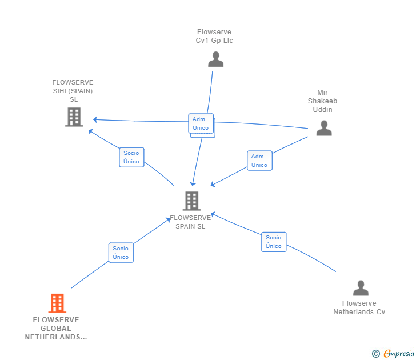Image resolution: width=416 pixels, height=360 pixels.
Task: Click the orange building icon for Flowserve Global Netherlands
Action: coord(57,303)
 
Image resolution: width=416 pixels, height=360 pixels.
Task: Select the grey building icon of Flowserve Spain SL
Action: coord(191,201)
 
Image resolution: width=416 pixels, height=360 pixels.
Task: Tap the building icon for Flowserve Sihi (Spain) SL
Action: coord(74,117)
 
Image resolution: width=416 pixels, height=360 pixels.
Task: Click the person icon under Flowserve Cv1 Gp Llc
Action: coord(215,59)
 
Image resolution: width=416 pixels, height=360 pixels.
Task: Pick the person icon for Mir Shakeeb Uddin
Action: coord(324,128)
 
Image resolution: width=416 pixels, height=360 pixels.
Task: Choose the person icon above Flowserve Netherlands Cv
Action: coord(361,287)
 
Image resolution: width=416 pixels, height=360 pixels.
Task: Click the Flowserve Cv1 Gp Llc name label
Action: coord(214,37)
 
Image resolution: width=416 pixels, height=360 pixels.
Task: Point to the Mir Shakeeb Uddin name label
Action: coord(323,101)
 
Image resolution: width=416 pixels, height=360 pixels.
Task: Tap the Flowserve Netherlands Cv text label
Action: coord(359,307)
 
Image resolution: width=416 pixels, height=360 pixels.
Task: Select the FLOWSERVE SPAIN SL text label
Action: coord(190,222)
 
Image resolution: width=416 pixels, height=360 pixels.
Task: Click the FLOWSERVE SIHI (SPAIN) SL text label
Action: coord(73,91)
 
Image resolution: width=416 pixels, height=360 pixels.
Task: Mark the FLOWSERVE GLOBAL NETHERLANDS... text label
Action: coord(56,329)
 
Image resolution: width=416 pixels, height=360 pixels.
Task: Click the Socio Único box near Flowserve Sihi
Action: coord(131,157)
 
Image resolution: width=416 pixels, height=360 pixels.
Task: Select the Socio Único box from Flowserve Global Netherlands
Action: coord(121,253)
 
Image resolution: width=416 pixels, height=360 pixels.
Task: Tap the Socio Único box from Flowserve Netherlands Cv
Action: coord(274,242)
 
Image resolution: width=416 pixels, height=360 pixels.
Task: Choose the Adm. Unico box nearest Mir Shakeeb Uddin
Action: coord(259,161)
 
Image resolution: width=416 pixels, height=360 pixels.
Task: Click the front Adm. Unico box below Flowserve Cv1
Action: coord(201,123)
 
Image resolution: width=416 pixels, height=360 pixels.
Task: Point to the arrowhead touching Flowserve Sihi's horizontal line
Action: coord(95,119)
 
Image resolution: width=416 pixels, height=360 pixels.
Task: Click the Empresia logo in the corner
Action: coord(399,354)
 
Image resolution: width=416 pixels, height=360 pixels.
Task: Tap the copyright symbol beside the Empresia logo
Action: coord(375,354)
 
